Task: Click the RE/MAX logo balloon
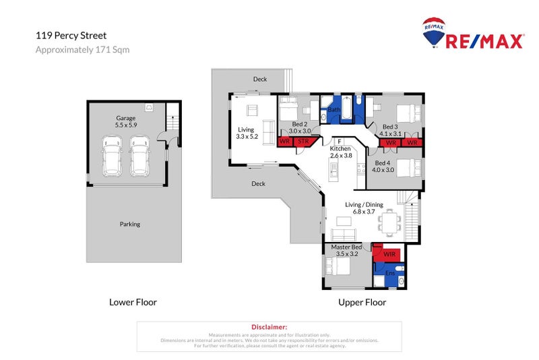pyautogui.click(x=433, y=31)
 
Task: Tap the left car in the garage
pyautogui.click(x=113, y=156)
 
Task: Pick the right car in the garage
pyautogui.click(x=139, y=156)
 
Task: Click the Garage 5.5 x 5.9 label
pyautogui.click(x=126, y=121)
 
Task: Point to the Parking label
pyautogui.click(x=130, y=224)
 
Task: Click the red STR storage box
pyautogui.click(x=303, y=142)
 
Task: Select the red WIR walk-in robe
pyautogui.click(x=389, y=254)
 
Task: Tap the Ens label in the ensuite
pyautogui.click(x=389, y=274)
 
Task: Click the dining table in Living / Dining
pyautogui.click(x=389, y=220)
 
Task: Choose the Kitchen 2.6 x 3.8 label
pyautogui.click(x=340, y=152)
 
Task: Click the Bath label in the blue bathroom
pyautogui.click(x=333, y=111)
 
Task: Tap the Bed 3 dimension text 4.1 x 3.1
pyautogui.click(x=391, y=133)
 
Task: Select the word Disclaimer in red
pyautogui.click(x=269, y=326)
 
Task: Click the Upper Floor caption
pyautogui.click(x=362, y=302)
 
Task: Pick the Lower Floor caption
pyautogui.click(x=133, y=302)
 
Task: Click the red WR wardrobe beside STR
pyautogui.click(x=285, y=142)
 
